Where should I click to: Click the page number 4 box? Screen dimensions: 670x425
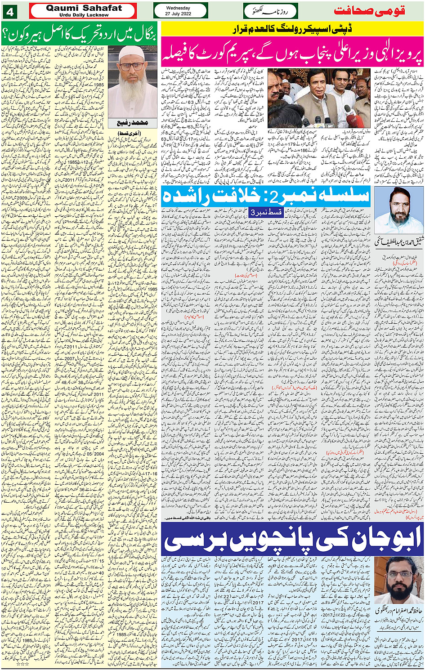click(x=10, y=11)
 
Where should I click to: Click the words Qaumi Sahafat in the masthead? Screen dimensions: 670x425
click(x=84, y=8)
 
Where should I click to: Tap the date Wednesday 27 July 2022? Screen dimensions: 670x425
click(x=178, y=11)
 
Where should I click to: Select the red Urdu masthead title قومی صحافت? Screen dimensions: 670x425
click(x=369, y=11)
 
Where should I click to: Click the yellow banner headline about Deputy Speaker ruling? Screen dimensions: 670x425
click(x=292, y=29)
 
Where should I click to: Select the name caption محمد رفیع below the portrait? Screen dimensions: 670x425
click(x=132, y=123)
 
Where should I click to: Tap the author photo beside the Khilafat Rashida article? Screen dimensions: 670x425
click(x=398, y=210)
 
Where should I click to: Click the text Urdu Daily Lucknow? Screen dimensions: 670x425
click(x=84, y=15)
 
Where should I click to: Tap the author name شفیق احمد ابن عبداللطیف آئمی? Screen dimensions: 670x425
click(x=398, y=242)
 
